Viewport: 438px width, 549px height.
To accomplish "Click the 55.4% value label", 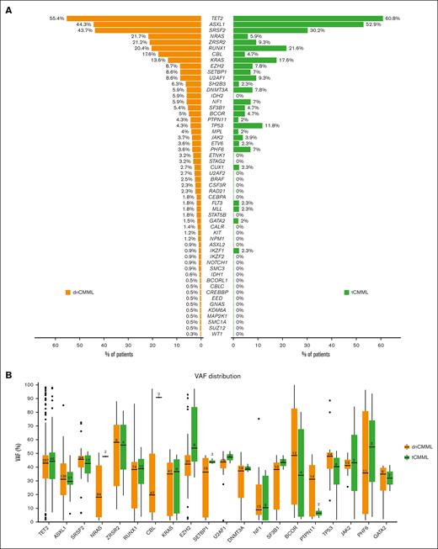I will pyautogui.click(x=57, y=18).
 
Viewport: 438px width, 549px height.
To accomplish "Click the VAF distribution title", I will pyautogui.click(x=218, y=376).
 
